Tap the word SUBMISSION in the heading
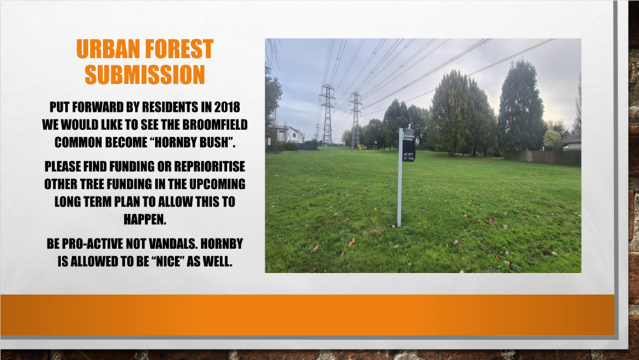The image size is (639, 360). click(x=145, y=75)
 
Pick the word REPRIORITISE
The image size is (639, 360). click(x=210, y=166)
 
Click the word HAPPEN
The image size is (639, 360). click(x=144, y=219)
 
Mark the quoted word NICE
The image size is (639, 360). click(x=170, y=261)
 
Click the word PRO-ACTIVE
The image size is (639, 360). click(x=85, y=243)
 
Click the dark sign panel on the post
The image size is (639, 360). click(x=409, y=145)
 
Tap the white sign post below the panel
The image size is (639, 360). click(x=400, y=194)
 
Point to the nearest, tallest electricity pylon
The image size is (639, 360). click(x=327, y=116)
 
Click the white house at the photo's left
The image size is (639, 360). click(x=287, y=134)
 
